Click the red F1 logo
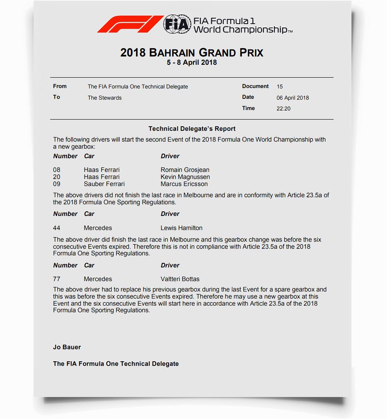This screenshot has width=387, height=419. tap(129, 24)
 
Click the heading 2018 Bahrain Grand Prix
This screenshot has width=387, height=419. tap(192, 53)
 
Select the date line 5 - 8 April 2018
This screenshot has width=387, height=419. tap(192, 63)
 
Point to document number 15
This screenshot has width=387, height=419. tap(280, 87)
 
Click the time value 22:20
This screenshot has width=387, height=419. tap(283, 109)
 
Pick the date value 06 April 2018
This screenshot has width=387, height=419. tap(293, 98)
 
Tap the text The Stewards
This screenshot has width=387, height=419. tap(104, 98)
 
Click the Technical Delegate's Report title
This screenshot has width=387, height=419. tap(192, 129)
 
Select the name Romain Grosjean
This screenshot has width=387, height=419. tap(185, 170)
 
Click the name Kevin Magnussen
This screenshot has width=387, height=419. tap(185, 177)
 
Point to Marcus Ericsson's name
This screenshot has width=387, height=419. tap(184, 184)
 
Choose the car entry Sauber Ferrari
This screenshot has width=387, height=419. tap(104, 184)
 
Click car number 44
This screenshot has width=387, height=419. tap(57, 228)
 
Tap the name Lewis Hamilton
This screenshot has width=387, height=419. tap(181, 228)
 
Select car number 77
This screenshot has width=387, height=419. tap(57, 279)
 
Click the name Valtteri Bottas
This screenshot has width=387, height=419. tap(180, 279)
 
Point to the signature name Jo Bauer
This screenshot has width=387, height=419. tap(67, 347)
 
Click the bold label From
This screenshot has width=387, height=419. tap(60, 86)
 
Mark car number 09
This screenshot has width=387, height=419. tap(57, 184)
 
